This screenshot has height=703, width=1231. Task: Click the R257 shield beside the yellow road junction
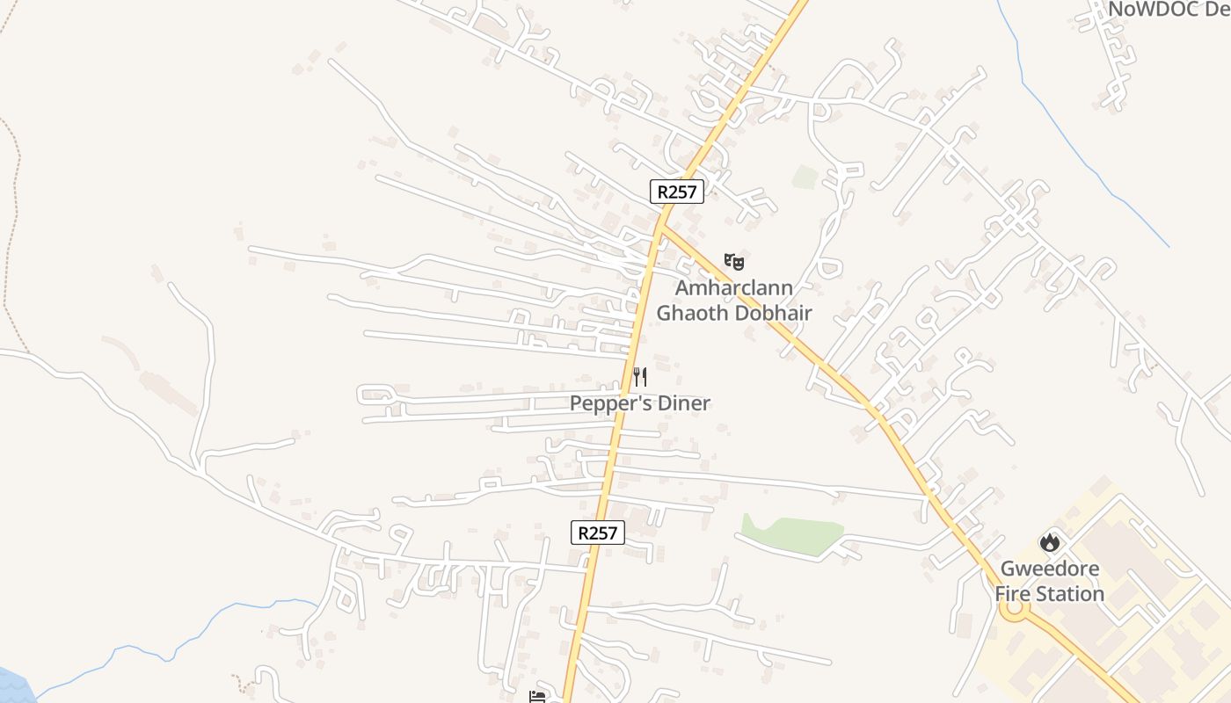(677, 192)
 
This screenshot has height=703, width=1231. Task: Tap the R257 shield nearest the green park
(598, 532)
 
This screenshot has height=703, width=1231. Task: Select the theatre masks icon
(734, 262)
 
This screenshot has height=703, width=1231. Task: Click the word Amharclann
(734, 287)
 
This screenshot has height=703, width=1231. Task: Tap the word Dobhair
(773, 312)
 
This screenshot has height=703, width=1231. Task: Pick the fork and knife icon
(640, 378)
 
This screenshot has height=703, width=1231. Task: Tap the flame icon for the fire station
(1049, 542)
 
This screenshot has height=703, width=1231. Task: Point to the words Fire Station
(1050, 594)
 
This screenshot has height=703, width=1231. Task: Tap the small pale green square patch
(805, 177)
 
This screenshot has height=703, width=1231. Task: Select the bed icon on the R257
(537, 697)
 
